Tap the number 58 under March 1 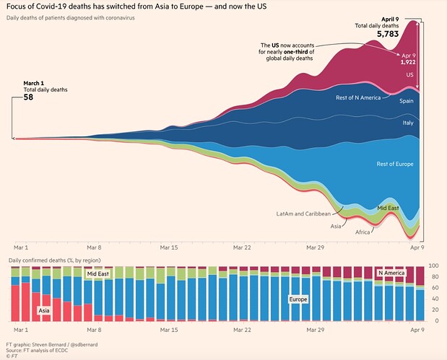click(28, 97)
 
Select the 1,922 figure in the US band click(409, 62)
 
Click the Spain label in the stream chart click(407, 101)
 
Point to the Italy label click(407, 123)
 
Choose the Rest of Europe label click(395, 164)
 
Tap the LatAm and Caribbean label click(303, 214)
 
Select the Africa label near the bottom click(364, 232)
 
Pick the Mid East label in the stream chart click(389, 208)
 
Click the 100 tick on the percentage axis click(434, 265)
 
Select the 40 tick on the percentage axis click(433, 299)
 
